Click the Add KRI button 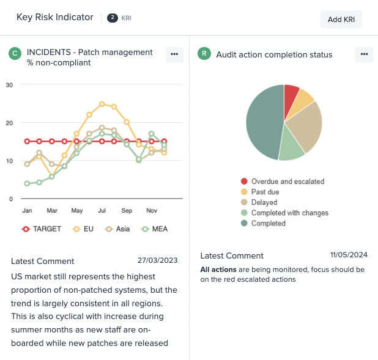tap(341, 19)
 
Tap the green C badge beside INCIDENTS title tap(15, 54)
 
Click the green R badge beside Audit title tap(204, 54)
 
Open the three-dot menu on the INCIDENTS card tap(174, 54)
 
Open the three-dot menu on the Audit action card tap(364, 54)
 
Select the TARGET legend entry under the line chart tap(42, 229)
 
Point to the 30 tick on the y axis tap(9, 84)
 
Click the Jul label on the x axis tap(102, 210)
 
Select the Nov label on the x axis tap(151, 210)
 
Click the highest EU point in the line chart tap(102, 104)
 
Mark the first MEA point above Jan tap(27, 183)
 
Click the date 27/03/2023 tap(157, 260)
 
